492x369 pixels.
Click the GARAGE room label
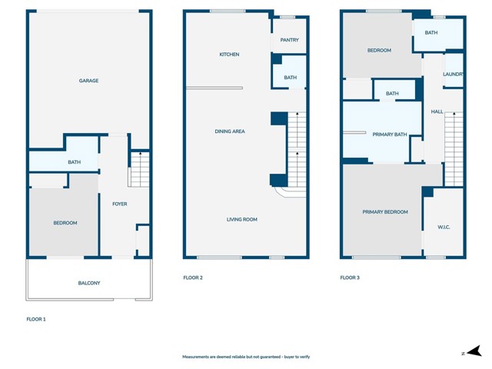tap(88, 81)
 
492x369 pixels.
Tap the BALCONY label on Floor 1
tap(89, 283)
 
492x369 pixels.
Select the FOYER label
tap(119, 204)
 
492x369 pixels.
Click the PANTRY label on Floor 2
tap(290, 40)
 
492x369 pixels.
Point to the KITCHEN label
tap(229, 55)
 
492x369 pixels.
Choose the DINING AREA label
tap(229, 131)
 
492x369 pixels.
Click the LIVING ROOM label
tap(241, 219)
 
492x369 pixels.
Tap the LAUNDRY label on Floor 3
tap(454, 74)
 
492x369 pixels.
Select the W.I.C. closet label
tap(444, 226)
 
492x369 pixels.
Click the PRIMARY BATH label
tap(389, 135)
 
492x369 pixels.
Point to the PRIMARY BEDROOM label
tap(385, 211)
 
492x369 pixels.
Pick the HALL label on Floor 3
tap(437, 111)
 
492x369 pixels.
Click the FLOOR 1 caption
tap(36, 318)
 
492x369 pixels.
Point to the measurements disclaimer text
tap(245, 357)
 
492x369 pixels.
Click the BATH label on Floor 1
tap(74, 162)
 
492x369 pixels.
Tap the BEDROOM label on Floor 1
tap(65, 223)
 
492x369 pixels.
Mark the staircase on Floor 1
tap(138, 170)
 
